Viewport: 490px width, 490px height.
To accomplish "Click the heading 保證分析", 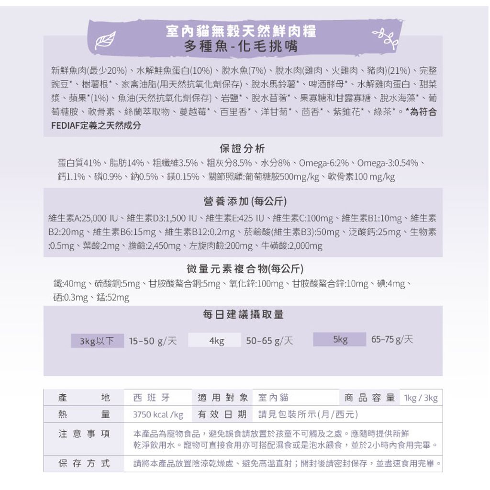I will click(243, 148).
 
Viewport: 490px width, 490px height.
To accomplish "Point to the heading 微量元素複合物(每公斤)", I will click(245, 268).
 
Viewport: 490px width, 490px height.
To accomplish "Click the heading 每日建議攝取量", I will click(243, 314).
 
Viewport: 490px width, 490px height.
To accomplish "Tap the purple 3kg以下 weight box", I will click(97, 341).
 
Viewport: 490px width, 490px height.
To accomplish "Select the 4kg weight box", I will click(217, 340).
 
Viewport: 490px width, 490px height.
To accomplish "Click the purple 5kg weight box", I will click(340, 339).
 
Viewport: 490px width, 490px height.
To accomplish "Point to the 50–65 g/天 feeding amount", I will click(269, 341).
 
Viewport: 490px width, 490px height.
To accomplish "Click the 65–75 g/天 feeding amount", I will click(392, 339).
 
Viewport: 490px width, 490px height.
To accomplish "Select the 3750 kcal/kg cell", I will click(158, 414).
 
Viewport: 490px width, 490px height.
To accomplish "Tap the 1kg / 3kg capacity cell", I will click(421, 398).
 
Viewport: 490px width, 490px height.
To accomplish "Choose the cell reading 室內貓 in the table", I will click(273, 398).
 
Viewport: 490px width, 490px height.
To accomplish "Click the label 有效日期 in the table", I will click(223, 414).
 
